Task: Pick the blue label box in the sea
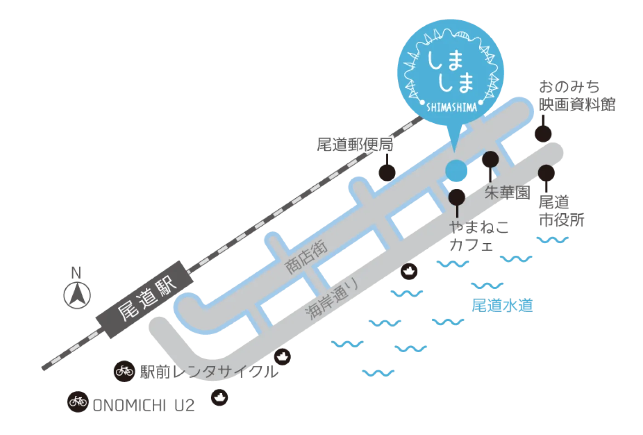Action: coord(503,305)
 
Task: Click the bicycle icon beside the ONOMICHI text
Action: coord(78,401)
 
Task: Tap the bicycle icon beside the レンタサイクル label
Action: coord(124,370)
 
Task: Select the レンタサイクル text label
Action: coord(210,371)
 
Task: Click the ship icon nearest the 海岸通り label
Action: coord(408,271)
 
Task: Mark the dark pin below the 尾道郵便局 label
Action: coord(385,170)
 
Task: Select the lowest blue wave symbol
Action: coord(378,372)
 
